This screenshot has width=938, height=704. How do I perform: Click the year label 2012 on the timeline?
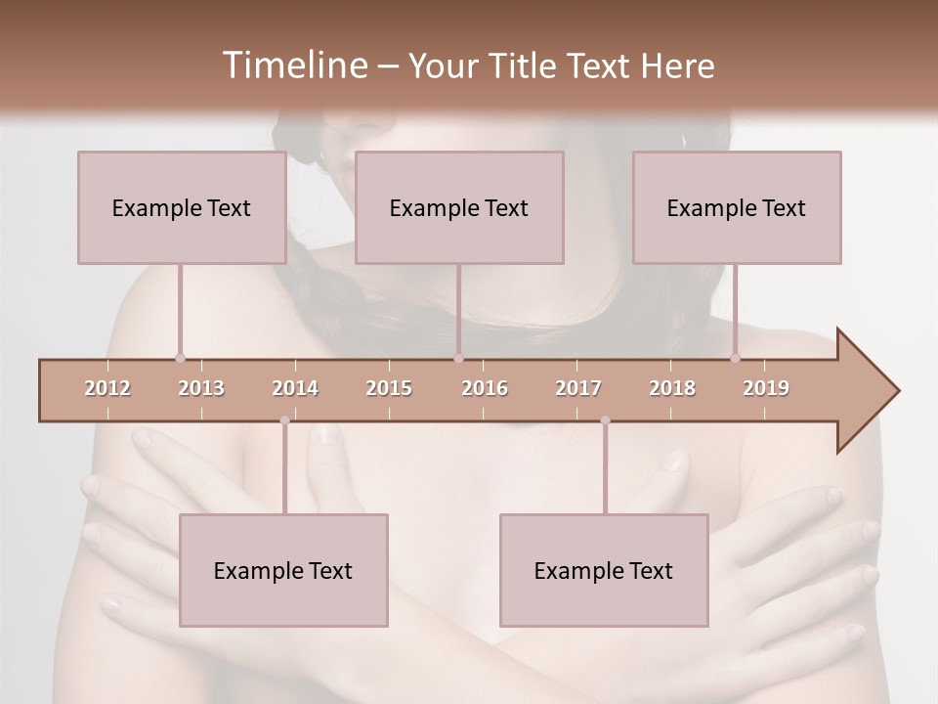coord(107,388)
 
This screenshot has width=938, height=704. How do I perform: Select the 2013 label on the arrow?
coord(201,388)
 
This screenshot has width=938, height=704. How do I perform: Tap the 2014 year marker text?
coord(295,388)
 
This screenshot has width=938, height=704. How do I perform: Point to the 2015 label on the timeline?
coord(389,388)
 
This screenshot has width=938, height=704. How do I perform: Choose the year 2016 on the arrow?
coord(485,388)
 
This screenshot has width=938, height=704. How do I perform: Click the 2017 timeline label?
coord(578,388)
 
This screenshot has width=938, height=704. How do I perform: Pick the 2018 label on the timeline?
coord(672,388)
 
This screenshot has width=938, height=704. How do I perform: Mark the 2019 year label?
coord(766,388)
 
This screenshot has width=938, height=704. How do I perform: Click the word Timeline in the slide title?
coord(293,66)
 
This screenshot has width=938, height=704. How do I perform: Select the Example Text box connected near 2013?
coord(182,207)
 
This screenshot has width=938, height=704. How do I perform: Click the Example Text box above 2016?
coord(459,207)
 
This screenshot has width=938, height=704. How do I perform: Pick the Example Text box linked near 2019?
coord(737,207)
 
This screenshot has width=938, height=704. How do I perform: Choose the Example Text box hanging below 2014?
coord(283,570)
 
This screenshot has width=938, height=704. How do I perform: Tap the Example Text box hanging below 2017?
coord(604,570)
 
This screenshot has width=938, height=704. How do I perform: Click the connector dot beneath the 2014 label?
coord(284,420)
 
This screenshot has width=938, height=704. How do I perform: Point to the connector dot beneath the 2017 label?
coord(605,420)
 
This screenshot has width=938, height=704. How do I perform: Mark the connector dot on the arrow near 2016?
coord(459,359)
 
